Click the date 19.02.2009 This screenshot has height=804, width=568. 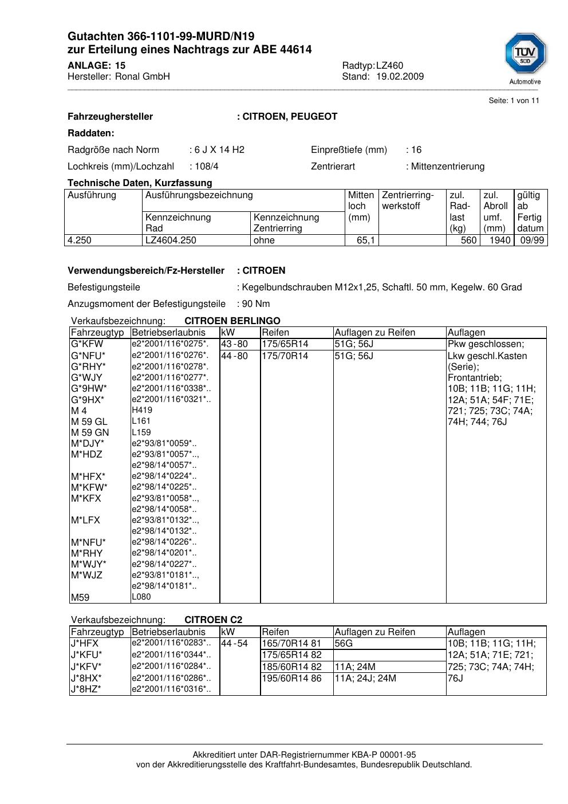tap(400, 77)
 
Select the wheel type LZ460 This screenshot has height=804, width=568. tap(389, 65)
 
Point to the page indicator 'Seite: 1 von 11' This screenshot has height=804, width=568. tap(514, 101)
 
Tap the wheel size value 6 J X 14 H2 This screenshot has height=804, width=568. tap(219, 150)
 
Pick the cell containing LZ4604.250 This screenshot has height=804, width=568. tap(171, 241)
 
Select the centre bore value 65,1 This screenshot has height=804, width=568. tap(365, 241)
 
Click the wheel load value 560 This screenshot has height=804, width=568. tap(468, 241)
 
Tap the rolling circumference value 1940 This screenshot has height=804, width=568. tap(499, 241)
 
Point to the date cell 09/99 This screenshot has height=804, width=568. tap(531, 241)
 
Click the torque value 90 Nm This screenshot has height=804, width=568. tap(255, 304)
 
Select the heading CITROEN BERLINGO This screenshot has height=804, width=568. tap(232, 321)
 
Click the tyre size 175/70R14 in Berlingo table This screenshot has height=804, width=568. tap(285, 356)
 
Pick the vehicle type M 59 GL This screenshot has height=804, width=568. tap(89, 421)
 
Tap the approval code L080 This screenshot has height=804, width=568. tap(141, 597)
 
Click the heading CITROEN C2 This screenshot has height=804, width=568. tap(213, 620)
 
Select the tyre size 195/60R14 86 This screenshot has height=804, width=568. tap(291, 679)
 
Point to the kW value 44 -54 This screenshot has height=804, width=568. tap(234, 644)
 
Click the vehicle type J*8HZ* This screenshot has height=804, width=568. tap(86, 689)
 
